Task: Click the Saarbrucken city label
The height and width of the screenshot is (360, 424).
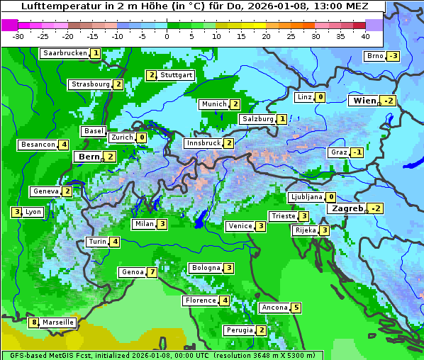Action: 65,53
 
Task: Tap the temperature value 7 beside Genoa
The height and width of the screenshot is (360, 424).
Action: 152,272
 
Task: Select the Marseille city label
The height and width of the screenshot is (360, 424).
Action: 57,322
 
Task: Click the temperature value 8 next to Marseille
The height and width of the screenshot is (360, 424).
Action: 33,322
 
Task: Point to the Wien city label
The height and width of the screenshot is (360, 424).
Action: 365,101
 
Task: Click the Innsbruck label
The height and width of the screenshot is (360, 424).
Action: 203,143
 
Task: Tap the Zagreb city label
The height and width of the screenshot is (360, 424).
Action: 347,208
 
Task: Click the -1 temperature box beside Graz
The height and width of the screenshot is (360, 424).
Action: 357,152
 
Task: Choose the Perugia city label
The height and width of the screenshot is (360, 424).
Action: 240,330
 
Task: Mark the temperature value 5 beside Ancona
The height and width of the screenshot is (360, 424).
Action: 296,308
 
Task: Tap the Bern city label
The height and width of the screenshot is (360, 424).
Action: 89,157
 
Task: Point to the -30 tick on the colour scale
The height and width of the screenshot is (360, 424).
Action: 18,36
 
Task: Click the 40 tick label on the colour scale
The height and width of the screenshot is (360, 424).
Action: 365,36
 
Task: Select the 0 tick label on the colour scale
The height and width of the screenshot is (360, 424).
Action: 167,36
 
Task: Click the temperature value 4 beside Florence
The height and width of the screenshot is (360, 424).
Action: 225,300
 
